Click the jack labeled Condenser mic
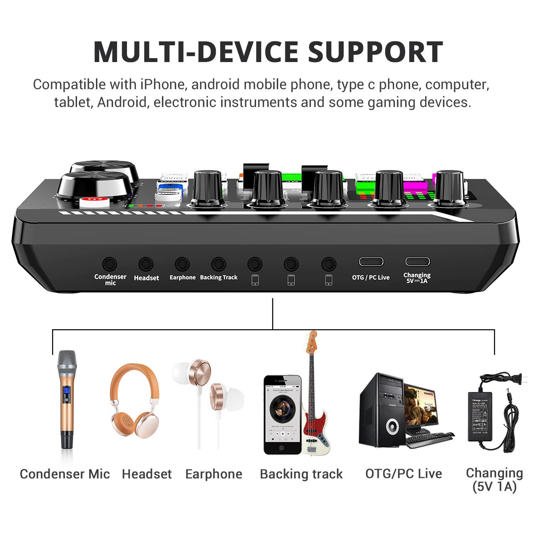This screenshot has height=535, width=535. click(109, 264)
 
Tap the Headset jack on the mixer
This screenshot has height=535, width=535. click(146, 264)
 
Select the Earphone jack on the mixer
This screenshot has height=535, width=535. click(182, 264)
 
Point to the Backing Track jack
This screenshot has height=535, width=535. click(218, 264)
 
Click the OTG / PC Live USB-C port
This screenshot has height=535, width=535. click(371, 262)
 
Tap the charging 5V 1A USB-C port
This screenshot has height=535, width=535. click(417, 262)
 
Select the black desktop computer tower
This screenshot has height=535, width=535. click(382, 410)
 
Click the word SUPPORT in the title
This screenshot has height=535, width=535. click(375, 52)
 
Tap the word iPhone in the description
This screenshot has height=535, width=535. click(163, 85)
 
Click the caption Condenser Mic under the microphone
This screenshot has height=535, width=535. click(65, 474)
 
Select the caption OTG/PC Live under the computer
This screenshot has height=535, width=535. click(403, 474)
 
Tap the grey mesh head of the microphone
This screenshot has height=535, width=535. click(67, 362)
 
